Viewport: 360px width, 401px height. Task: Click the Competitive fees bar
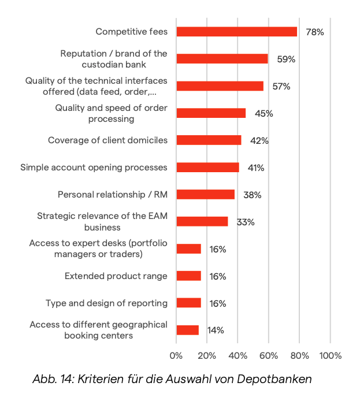pyautogui.click(x=236, y=32)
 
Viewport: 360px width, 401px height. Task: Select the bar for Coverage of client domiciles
pyautogui.click(x=209, y=140)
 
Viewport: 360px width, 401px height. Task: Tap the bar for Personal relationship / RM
pyautogui.click(x=205, y=195)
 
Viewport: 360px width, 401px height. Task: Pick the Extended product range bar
pyautogui.click(x=188, y=276)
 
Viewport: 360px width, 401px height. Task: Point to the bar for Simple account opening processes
pyautogui.click(x=207, y=168)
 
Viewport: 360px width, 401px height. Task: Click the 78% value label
pyautogui.click(x=315, y=32)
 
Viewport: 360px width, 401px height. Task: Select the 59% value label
pyautogui.click(x=286, y=59)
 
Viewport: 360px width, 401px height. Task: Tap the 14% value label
pyautogui.click(x=216, y=331)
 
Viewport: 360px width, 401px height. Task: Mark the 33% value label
pyautogui.click(x=246, y=222)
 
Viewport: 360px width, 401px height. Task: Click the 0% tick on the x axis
pyautogui.click(x=176, y=355)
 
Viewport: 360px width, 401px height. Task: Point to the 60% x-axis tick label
pyautogui.click(x=269, y=355)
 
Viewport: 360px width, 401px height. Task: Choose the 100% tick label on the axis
pyautogui.click(x=331, y=355)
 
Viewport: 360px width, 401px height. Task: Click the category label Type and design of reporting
pyautogui.click(x=106, y=303)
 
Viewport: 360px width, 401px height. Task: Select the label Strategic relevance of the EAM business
pyautogui.click(x=102, y=222)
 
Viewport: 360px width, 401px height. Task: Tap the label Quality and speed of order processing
pyautogui.click(x=111, y=113)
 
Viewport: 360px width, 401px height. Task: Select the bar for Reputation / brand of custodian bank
pyautogui.click(x=222, y=59)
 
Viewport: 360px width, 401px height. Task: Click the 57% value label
pyautogui.click(x=281, y=86)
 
